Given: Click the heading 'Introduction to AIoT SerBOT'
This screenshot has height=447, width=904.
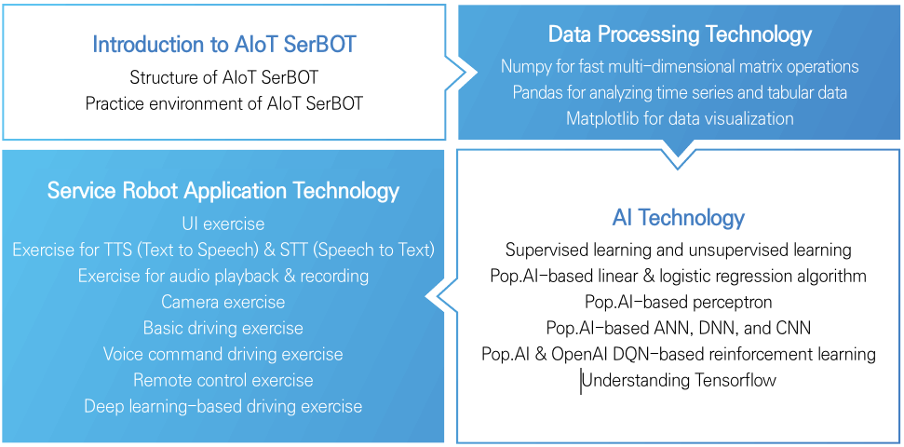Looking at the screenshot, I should coord(223,44).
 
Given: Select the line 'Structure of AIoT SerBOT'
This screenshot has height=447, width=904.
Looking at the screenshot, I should coord(223,77).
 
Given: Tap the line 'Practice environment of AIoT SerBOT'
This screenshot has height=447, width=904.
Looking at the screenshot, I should coord(223,103).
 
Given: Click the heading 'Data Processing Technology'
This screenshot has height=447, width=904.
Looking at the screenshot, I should coord(680,35).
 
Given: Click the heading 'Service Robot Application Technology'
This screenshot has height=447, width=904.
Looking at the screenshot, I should coord(223,191).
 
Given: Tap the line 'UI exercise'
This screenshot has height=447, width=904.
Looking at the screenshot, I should coord(223,224).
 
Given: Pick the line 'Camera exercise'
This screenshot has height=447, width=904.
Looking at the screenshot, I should coord(223,303).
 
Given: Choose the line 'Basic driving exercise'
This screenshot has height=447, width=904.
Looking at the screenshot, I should coord(223,329).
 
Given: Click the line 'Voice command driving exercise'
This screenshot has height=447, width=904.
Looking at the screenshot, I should coord(223,355).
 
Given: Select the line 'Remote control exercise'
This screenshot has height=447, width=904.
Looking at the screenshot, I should coord(223,381).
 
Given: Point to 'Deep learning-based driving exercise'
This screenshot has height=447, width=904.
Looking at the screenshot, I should coord(223,407).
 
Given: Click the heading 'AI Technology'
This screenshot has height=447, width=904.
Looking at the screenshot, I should coord(678,218).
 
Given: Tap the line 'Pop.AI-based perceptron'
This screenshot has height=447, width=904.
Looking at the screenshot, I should coord(678,302).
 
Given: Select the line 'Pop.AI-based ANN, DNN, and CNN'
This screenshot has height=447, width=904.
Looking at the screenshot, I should coord(678,328).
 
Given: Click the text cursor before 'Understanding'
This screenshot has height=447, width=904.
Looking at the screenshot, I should coord(581,381).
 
